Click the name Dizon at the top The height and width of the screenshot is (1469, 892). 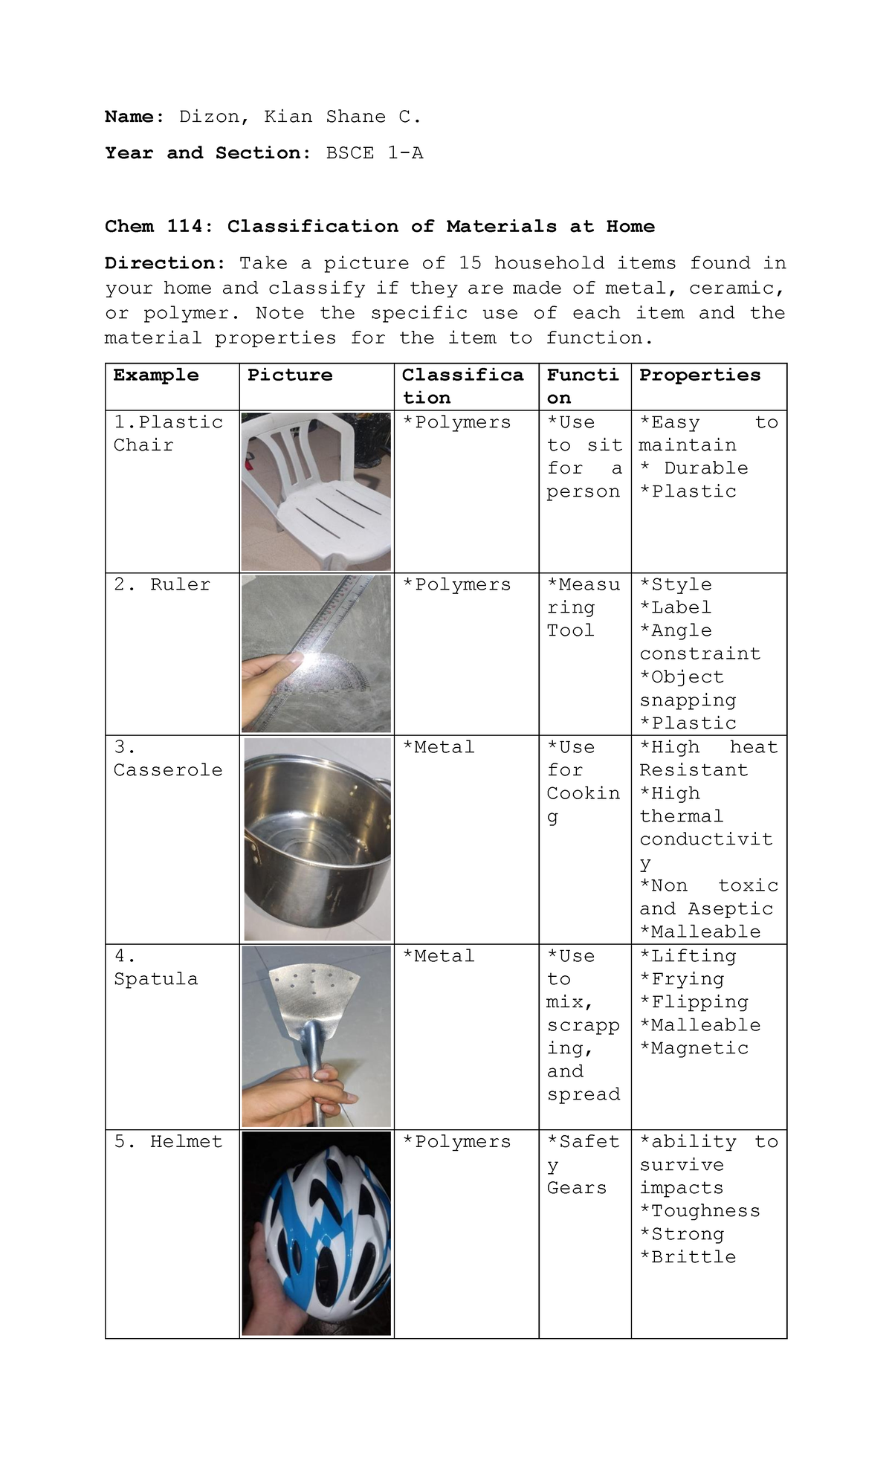point(208,117)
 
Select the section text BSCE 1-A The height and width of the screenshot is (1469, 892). point(375,153)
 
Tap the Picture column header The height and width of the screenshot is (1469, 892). point(290,375)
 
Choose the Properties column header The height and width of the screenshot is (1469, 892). point(699,375)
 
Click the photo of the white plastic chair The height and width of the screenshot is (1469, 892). point(316,491)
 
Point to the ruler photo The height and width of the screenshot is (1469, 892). point(316,653)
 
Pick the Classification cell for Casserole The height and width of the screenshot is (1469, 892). point(438,748)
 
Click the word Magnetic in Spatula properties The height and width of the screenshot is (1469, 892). point(699,1048)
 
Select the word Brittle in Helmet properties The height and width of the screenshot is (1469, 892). point(694,1257)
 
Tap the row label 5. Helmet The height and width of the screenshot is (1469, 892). point(168,1142)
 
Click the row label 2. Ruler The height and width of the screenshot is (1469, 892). point(162,585)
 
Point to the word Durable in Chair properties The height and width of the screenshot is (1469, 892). point(705,468)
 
